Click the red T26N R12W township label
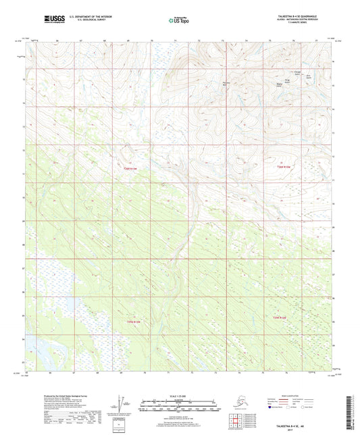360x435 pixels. pos(283,167)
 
